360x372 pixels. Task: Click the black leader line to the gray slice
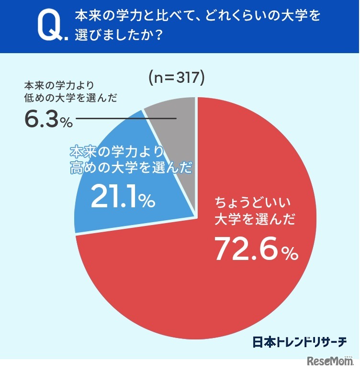(x=125, y=118)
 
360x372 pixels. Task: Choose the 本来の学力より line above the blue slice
(x=117, y=152)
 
